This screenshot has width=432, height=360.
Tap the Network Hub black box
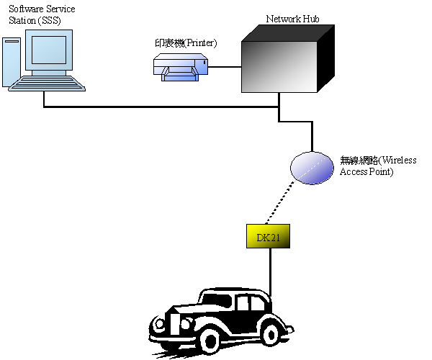[279, 65]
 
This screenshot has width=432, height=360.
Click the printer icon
[181, 68]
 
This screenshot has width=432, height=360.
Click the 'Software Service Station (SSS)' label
[41, 14]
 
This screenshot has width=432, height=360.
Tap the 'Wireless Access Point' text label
[378, 166]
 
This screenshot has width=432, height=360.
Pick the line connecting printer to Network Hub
[224, 67]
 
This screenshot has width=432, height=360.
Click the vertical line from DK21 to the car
[271, 270]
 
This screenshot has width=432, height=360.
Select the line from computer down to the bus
[45, 99]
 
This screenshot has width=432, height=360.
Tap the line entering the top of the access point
[312, 137]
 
